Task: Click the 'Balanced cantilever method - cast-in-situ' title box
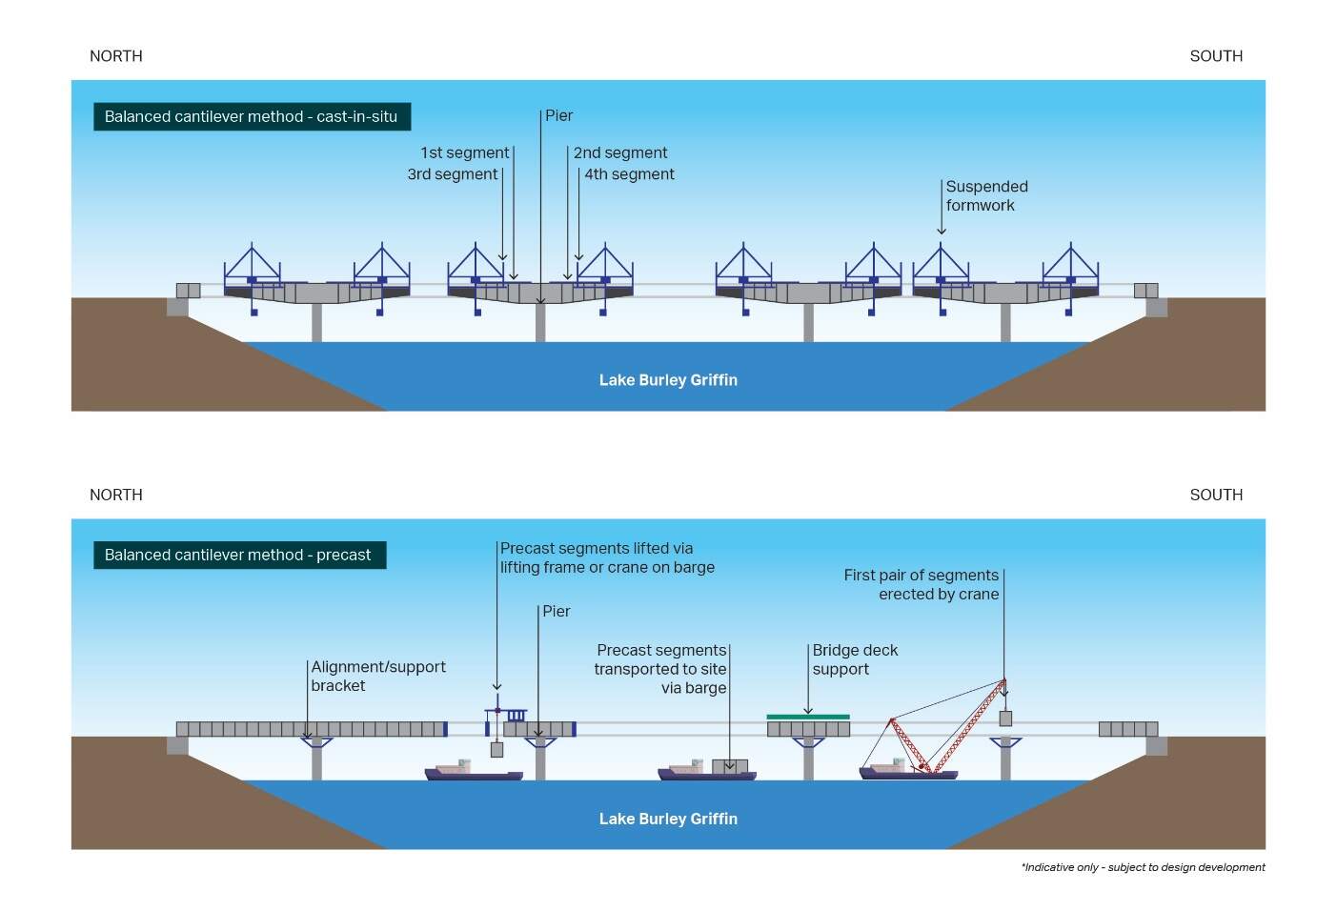pos(251,116)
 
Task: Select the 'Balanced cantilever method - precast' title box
pos(238,555)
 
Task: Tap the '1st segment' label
pos(465,152)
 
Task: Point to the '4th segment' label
pos(629,174)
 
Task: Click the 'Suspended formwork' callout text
pos(986,195)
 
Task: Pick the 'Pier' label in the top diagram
pos(558,115)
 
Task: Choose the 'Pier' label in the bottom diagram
pos(556,611)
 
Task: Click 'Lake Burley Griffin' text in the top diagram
pos(668,380)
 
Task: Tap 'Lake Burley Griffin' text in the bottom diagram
pos(668,819)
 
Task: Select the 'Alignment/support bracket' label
pos(377,676)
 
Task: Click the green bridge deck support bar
pos(808,717)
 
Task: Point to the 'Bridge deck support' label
pos(855,659)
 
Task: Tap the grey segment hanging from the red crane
pos(1005,719)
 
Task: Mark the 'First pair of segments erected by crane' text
pos(922,584)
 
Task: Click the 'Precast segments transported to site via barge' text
pos(660,669)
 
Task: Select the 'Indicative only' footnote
pos(1143,867)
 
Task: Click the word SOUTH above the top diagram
pos(1216,56)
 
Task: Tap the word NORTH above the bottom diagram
pos(116,495)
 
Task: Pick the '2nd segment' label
pos(620,152)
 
